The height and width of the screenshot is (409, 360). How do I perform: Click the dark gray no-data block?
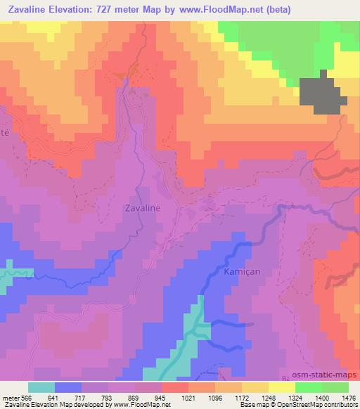click(x=323, y=93)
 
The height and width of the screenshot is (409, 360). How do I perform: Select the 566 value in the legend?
click(x=26, y=396)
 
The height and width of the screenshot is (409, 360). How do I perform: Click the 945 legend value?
click(x=162, y=396)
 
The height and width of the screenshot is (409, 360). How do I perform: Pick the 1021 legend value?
click(x=188, y=396)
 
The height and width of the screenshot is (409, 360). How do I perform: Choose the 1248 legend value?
click(x=269, y=396)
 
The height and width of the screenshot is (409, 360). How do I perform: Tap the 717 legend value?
click(x=82, y=396)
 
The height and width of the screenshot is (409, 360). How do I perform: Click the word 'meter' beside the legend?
click(x=10, y=396)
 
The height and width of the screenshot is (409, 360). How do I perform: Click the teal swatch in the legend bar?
click(x=41, y=387)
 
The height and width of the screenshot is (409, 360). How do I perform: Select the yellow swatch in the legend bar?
click(x=281, y=387)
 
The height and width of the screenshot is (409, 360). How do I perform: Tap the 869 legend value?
click(x=135, y=396)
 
